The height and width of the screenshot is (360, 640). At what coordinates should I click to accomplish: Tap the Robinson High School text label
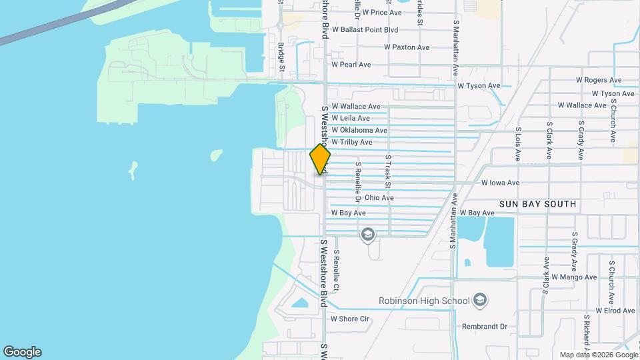(424, 301)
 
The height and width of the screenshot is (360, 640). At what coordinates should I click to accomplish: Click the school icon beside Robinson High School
(479, 301)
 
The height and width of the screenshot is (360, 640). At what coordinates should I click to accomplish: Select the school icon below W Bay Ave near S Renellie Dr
(367, 235)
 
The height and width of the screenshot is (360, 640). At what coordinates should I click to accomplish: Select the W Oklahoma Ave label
(359, 130)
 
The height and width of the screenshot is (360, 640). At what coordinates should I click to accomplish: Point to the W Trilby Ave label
(352, 143)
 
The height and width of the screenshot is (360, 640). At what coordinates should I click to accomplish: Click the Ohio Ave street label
(379, 198)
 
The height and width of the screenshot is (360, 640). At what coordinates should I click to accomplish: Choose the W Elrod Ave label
(610, 311)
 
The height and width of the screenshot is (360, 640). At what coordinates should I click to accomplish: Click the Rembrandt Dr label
(485, 327)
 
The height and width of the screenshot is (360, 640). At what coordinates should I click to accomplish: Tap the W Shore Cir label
(350, 319)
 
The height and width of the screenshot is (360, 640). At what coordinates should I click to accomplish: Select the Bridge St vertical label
(281, 58)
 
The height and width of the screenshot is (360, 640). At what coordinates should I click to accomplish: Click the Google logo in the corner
(22, 352)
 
